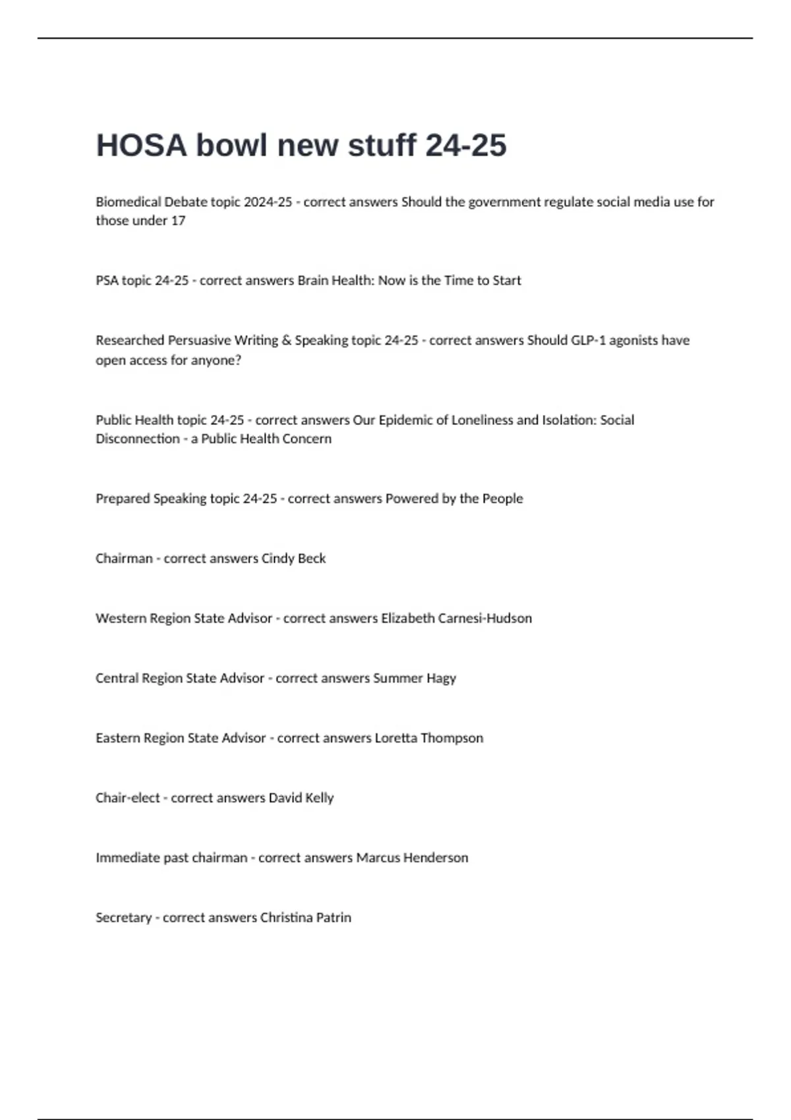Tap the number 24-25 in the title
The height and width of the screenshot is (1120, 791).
pyautogui.click(x=466, y=146)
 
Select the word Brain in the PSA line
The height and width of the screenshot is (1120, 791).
pyautogui.click(x=312, y=280)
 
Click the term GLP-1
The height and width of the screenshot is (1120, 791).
pyautogui.click(x=588, y=340)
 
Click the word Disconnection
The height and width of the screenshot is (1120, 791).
pyautogui.click(x=137, y=439)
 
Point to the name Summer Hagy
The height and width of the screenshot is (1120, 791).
pyautogui.click(x=415, y=678)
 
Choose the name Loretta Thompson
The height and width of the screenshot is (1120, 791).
pyautogui.click(x=428, y=738)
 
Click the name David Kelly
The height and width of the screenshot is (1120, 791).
pyautogui.click(x=301, y=798)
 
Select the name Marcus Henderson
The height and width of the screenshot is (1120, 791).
pyautogui.click(x=412, y=858)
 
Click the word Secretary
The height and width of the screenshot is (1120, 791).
pyautogui.click(x=123, y=917)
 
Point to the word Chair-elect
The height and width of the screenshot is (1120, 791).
pyautogui.click(x=127, y=798)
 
